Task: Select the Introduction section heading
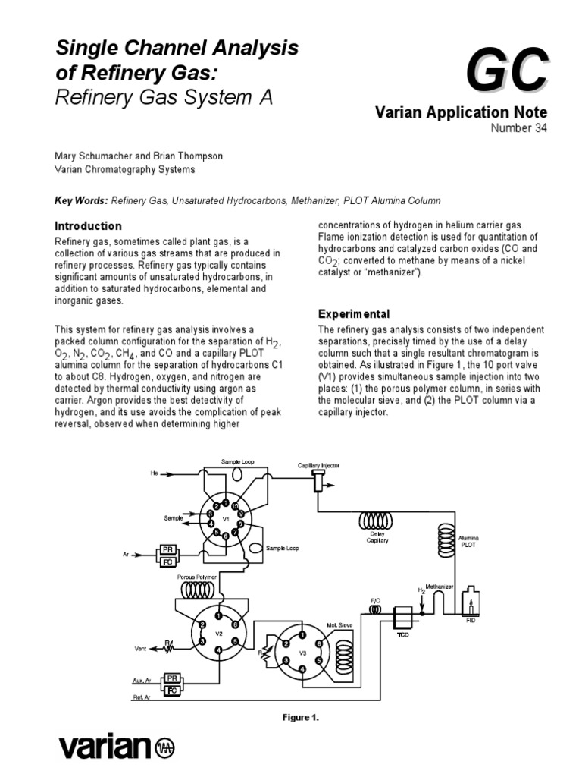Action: pos(89,226)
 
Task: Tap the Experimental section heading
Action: pos(354,313)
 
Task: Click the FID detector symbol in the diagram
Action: pos(471,603)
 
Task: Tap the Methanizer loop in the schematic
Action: pos(438,599)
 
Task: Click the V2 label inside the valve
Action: pos(218,633)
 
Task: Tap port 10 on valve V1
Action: pos(235,505)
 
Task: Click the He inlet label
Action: pos(155,473)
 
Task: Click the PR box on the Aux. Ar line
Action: pos(171,677)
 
